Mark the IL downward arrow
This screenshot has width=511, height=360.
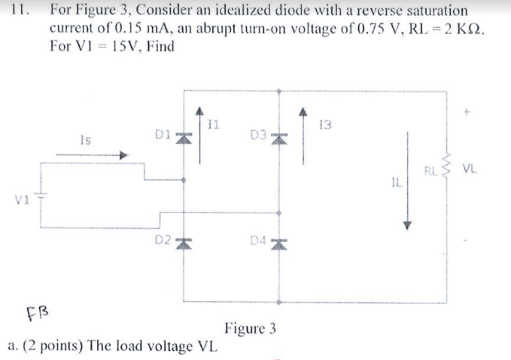click(408, 181)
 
